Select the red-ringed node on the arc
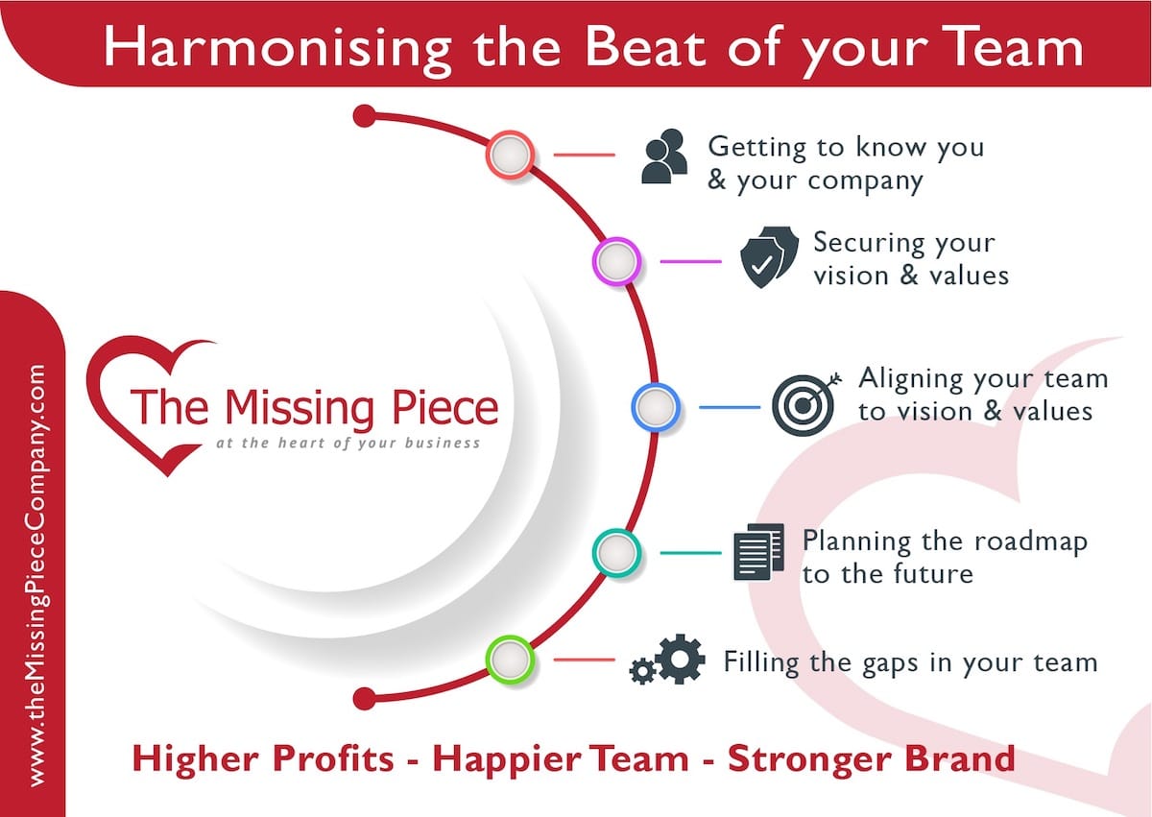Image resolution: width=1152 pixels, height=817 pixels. pos(510,155)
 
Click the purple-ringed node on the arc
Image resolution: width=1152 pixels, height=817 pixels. pos(616,261)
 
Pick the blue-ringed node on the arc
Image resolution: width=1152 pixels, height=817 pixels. pos(656,407)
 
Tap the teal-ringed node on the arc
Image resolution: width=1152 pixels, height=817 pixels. pos(616,553)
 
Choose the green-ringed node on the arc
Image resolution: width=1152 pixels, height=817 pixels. pos(510,660)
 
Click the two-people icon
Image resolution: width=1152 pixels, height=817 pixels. pos(664,156)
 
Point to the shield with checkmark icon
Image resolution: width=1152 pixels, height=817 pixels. pos(769,256)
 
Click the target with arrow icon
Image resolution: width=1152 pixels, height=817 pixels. pos(806,404)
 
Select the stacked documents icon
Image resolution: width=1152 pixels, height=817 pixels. pos(759,552)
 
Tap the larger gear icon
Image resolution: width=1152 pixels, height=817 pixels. pos(680,659)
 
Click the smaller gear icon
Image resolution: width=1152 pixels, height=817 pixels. pos(642,670)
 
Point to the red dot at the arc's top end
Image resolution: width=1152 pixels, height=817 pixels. pos(365,116)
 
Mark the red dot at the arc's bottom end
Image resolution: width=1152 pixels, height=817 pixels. pos(365,699)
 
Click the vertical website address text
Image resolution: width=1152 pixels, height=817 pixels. pos(37,575)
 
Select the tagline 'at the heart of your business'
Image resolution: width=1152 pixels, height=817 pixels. pos(348,444)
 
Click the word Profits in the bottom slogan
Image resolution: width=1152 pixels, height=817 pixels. pos(333,758)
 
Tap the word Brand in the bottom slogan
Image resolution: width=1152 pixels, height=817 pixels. pos(960,758)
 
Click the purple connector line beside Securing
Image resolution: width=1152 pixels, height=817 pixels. pos(690,261)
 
